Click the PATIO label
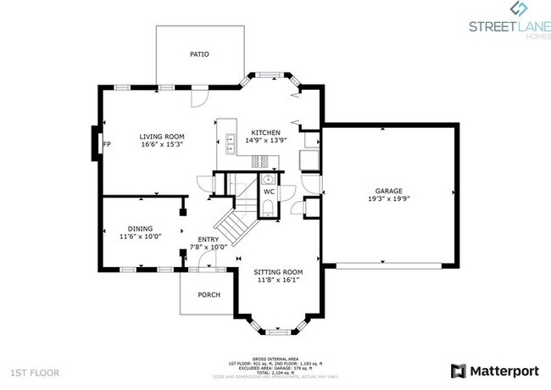199,54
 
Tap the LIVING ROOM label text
163,136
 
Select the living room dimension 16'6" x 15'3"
163,144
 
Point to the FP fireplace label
106,144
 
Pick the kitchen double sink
230,142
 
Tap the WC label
269,192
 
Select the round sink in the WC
268,179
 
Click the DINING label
141,229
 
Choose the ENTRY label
209,239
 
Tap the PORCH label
209,295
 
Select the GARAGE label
389,192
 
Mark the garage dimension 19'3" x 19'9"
389,200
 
